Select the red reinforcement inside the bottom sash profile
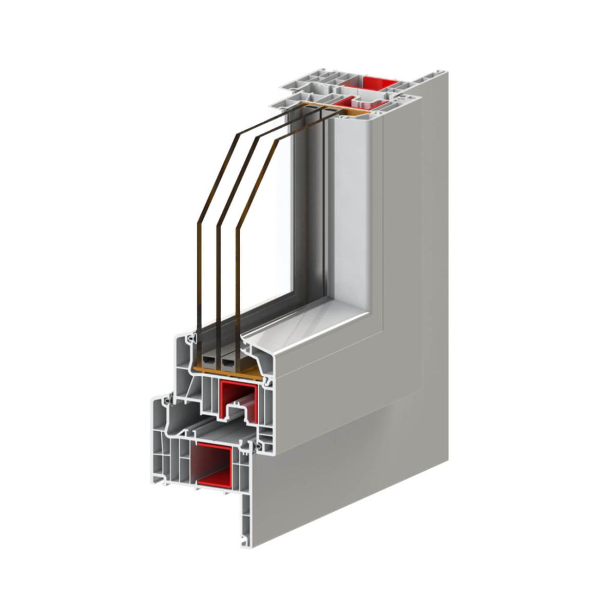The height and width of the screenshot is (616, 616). (x=237, y=397)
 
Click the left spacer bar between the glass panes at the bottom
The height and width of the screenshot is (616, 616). (x=208, y=362)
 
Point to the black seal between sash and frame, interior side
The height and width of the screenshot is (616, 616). (x=266, y=381)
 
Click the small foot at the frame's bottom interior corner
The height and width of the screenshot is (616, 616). (x=242, y=540)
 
